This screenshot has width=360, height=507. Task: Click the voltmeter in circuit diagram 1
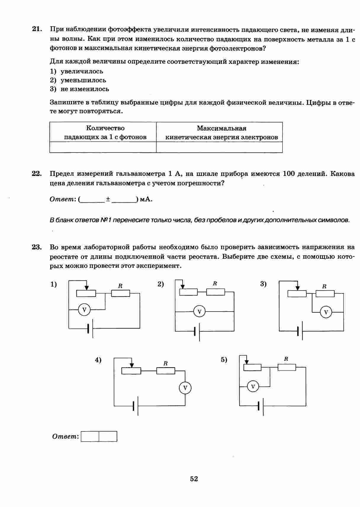(x=84, y=310)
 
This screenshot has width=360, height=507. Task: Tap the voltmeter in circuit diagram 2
(x=199, y=312)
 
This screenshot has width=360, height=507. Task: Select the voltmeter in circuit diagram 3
(x=326, y=312)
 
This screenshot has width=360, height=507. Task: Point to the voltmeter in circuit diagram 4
(x=185, y=388)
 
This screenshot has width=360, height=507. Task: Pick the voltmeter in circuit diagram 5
(x=253, y=386)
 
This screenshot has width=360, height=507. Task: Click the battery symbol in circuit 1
(x=91, y=328)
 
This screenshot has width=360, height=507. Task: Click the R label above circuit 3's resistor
(x=324, y=286)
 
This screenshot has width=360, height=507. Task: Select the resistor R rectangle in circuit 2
(x=216, y=292)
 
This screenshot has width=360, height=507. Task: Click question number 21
(x=36, y=29)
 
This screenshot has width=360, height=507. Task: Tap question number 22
(x=36, y=174)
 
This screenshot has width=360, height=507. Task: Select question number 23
(x=36, y=247)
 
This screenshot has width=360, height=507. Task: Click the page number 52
(x=194, y=479)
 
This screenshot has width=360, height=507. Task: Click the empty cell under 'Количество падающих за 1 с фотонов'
(x=103, y=147)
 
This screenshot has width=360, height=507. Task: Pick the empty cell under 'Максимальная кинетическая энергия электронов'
(x=219, y=147)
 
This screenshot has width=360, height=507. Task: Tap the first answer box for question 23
(x=90, y=437)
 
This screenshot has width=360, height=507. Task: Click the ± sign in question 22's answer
(x=108, y=200)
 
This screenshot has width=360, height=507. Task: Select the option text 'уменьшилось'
(x=83, y=80)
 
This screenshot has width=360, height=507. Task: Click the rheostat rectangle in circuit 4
(x=131, y=371)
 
